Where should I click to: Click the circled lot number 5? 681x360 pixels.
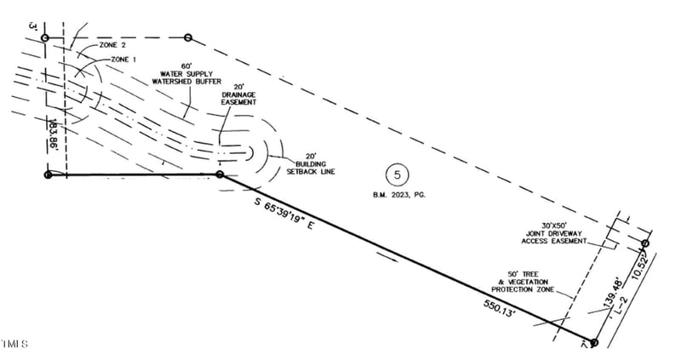pyautogui.click(x=397, y=175)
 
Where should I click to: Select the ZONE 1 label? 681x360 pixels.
pyautogui.click(x=124, y=59)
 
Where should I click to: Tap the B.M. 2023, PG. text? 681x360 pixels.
pyautogui.click(x=398, y=195)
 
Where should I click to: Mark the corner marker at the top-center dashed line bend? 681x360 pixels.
pyautogui.click(x=188, y=38)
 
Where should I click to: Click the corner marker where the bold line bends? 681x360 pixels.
pyautogui.click(x=220, y=174)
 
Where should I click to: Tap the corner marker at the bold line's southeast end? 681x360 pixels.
pyautogui.click(x=593, y=342)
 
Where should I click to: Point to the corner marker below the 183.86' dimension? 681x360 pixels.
pyautogui.click(x=48, y=174)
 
